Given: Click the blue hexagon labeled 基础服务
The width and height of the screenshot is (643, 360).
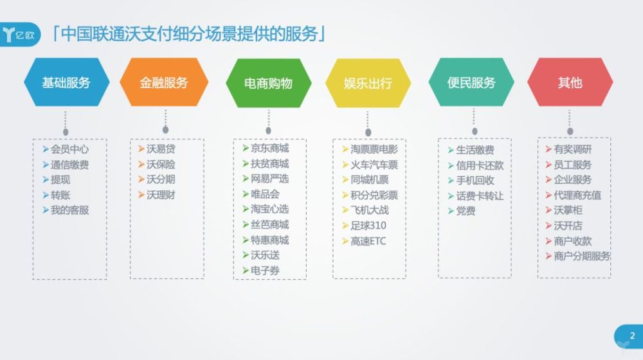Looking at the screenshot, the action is tap(67, 82).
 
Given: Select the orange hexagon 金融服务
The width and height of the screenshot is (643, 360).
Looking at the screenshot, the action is tap(164, 82).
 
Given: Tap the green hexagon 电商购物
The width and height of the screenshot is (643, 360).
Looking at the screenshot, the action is tap(269, 83).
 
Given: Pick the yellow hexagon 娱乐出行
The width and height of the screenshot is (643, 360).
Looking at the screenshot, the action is tap(368, 83).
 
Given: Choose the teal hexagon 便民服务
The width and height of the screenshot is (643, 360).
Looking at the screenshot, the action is tap(471, 82).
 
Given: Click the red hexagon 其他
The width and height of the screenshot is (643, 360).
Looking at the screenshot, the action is tap(570, 82).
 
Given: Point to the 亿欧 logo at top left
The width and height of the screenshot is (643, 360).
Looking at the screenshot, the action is tap(20, 35).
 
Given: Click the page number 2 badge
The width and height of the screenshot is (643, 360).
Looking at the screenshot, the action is tap(629, 337).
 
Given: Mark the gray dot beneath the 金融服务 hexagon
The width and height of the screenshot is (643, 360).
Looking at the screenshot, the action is tap(165, 130).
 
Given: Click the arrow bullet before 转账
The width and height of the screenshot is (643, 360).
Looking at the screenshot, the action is tap(46, 195).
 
